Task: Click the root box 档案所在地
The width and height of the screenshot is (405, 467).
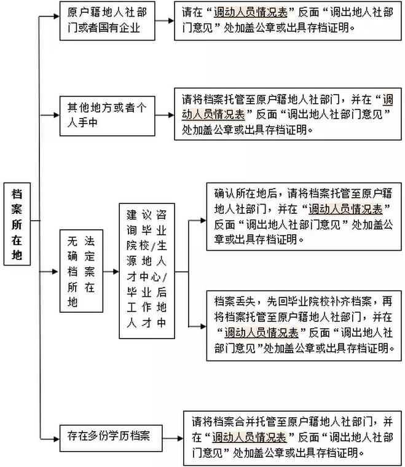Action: [17, 224]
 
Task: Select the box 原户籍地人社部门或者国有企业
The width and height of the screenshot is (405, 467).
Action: [107, 21]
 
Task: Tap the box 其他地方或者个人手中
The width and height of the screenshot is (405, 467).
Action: [107, 116]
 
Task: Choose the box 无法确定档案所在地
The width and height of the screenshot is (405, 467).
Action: [81, 271]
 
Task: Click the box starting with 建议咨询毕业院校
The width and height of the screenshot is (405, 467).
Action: [147, 271]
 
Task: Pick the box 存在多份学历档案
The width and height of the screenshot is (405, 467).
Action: [111, 438]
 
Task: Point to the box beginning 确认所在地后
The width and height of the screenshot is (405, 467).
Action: [304, 217]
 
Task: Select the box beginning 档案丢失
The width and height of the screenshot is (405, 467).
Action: [304, 326]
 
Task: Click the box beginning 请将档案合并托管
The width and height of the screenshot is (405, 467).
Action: [292, 438]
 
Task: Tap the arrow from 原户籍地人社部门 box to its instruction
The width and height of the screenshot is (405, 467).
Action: [165, 21]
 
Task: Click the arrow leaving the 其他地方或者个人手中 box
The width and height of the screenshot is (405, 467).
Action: [165, 115]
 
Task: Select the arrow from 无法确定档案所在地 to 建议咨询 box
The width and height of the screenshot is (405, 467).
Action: [111, 272]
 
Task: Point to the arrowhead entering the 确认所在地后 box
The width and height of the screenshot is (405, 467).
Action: [203, 221]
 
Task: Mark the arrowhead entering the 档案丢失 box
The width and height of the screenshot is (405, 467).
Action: [203, 326]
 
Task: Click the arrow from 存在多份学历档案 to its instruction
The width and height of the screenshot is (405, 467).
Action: [173, 438]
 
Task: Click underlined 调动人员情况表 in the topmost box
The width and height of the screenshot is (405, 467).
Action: [251, 12]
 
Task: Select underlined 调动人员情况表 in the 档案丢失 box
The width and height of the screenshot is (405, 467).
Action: [261, 332]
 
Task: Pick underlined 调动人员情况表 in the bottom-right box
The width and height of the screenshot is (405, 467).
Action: [250, 438]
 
